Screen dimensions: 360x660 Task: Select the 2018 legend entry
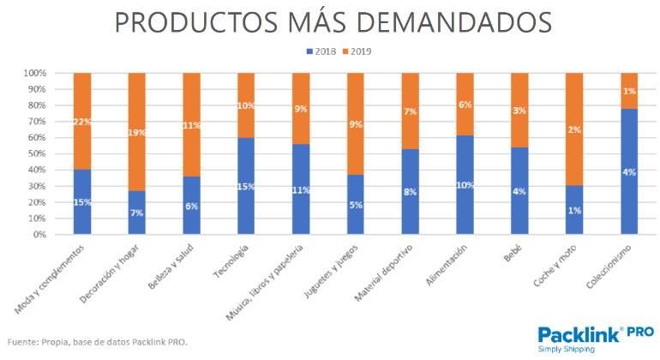coord(322,51)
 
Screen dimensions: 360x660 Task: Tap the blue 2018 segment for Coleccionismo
coord(628,171)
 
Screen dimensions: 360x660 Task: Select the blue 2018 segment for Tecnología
coord(245,185)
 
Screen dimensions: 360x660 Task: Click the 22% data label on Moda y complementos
coord(81,122)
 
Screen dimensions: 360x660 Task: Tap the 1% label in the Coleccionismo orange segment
coord(628,91)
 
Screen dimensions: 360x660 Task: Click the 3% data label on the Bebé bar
coord(519,111)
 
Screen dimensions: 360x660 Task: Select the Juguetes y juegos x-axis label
coord(330,273)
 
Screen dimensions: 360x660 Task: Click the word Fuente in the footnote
coord(23,342)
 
